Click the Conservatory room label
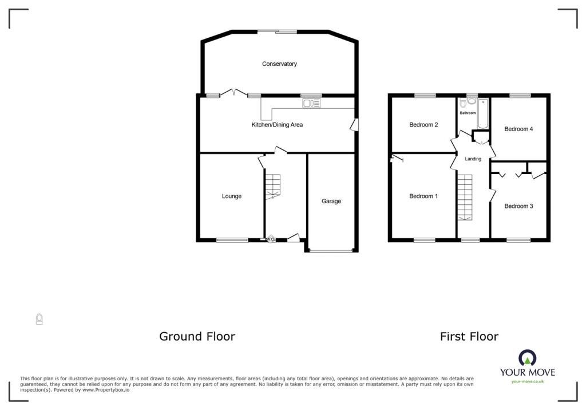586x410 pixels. [x=279, y=64]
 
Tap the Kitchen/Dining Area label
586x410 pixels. [x=277, y=125]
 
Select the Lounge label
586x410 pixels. [x=231, y=196]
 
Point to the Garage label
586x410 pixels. [x=331, y=201]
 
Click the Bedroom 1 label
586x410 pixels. [x=423, y=196]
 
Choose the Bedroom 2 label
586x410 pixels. [x=423, y=125]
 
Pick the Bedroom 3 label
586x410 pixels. [x=518, y=206]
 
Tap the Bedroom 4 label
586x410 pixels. [x=518, y=129]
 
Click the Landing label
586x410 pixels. [x=473, y=159]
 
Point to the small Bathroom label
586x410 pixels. [x=468, y=113]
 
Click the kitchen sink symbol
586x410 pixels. [x=311, y=103]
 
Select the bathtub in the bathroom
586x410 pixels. [x=483, y=114]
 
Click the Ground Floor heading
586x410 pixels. [x=197, y=337]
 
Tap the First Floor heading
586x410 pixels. [x=469, y=337]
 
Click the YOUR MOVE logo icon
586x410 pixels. [x=527, y=358]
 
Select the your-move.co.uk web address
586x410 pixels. [x=527, y=381]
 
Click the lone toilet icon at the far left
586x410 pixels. [x=39, y=319]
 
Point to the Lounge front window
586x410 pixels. [x=232, y=240]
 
